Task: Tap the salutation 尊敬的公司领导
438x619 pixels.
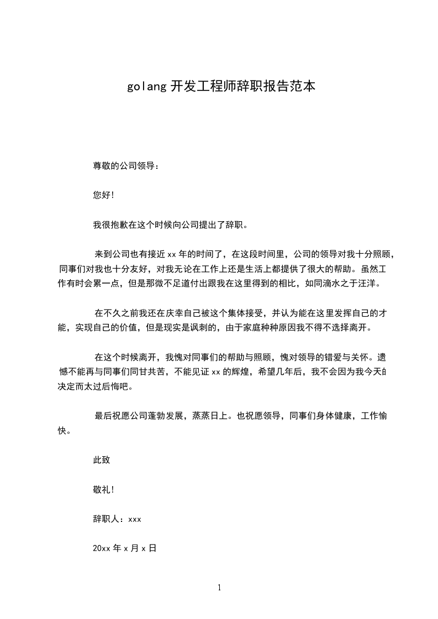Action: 125,166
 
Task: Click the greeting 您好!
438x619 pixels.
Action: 103,195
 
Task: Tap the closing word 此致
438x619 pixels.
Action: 102,460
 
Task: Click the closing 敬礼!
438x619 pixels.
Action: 103,489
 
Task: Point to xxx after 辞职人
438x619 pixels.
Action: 135,519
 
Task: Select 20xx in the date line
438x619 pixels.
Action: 102,548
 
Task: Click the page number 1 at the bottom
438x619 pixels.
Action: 219,588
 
